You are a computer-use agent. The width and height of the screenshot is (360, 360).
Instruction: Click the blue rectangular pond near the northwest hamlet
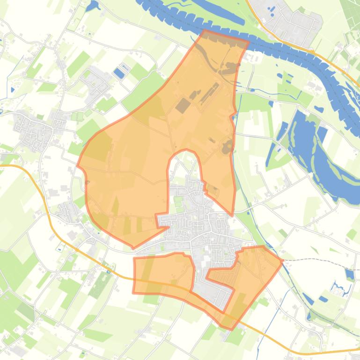coord(119,73)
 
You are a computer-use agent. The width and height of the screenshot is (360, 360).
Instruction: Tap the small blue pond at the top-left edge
coord(93,6)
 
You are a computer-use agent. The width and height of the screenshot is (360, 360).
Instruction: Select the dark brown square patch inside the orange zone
coord(183,106)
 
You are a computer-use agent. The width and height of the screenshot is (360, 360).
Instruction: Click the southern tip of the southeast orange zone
coord(230,329)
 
